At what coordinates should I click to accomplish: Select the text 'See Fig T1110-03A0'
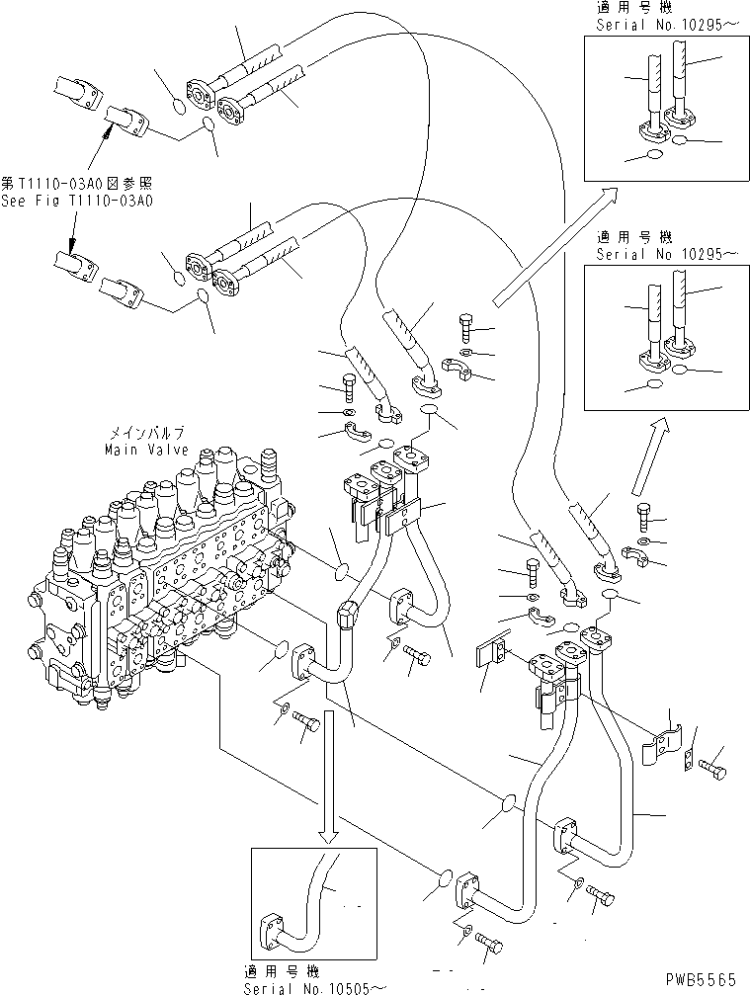coord(77,200)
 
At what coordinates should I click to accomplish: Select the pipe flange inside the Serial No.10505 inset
coord(271,931)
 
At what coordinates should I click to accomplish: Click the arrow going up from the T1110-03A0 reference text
coord(89,148)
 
